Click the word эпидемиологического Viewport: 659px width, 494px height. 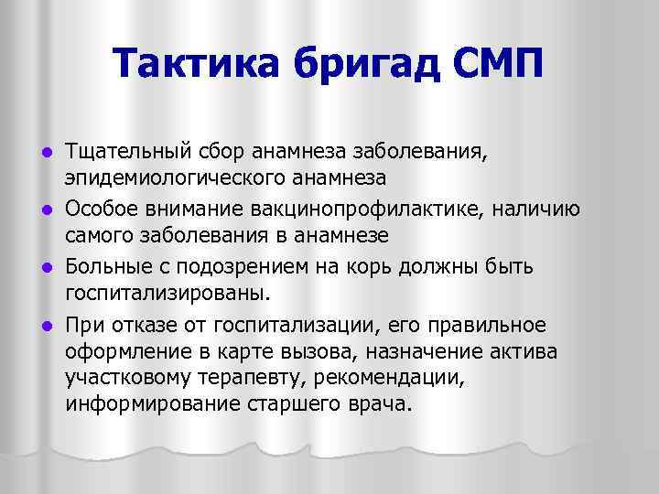pyautogui.click(x=156, y=177)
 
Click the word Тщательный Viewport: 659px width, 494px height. pyautogui.click(x=124, y=150)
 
